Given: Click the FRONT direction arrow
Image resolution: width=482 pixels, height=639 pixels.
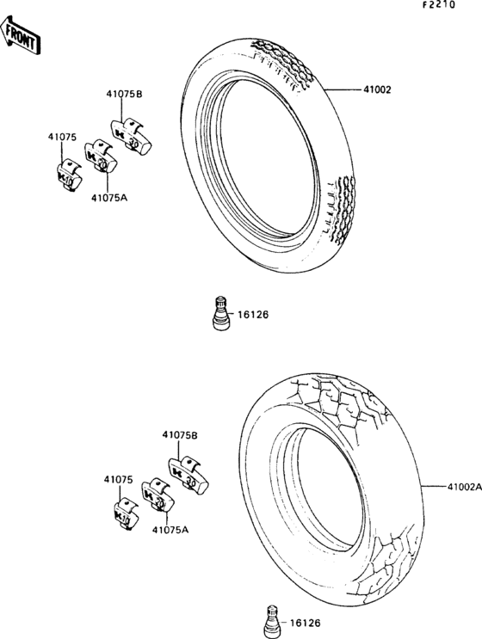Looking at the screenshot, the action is [21, 35].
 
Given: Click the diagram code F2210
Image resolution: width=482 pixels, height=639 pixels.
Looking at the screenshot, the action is [438, 5].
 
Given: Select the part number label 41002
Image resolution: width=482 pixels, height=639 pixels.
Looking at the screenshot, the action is [377, 89].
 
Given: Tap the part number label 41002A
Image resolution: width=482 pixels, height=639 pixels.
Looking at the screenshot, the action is [465, 487].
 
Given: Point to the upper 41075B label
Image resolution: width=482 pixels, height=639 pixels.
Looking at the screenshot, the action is [125, 94].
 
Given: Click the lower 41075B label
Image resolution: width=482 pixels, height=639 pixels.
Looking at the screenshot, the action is [180, 435].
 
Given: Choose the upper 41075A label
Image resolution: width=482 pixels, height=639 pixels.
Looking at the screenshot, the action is [109, 198].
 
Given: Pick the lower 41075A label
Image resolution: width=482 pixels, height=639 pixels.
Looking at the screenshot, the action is [170, 530].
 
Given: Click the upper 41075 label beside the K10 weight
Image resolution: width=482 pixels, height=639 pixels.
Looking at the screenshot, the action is [62, 138].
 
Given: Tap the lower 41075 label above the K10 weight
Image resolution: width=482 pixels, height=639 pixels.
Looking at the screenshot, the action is [118, 480].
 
